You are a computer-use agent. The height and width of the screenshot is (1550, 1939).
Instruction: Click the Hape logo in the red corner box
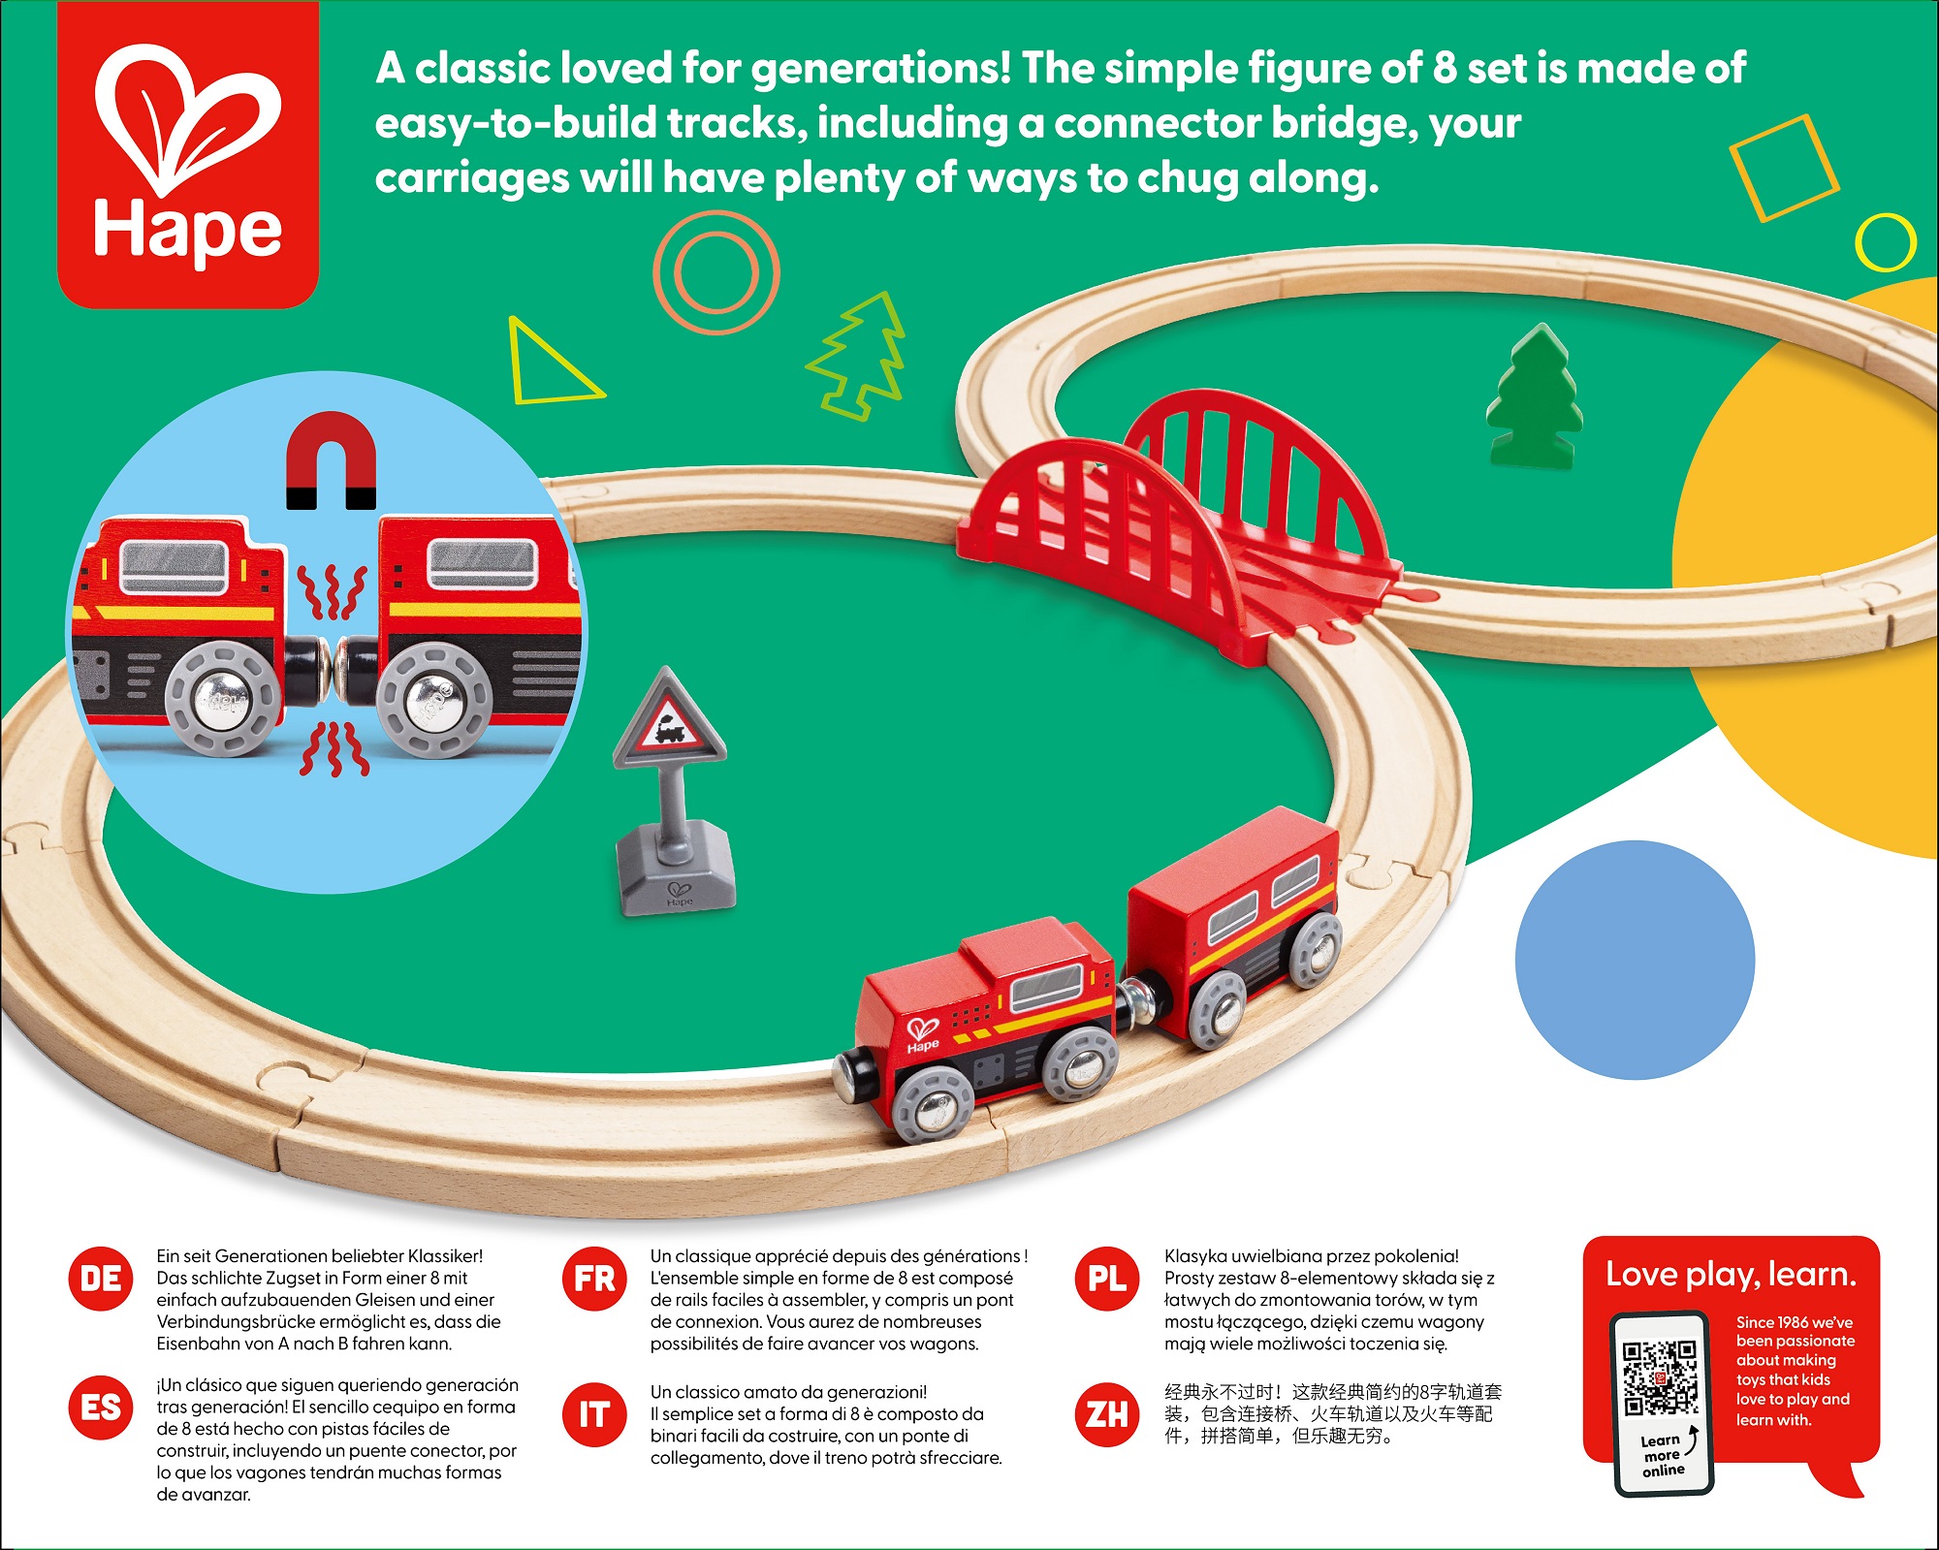[x=188, y=155]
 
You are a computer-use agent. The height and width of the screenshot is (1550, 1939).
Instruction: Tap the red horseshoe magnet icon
[x=331, y=459]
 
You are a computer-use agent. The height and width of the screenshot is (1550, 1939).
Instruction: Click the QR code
[x=1661, y=1377]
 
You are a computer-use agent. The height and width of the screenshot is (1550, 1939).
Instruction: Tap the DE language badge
[x=101, y=1279]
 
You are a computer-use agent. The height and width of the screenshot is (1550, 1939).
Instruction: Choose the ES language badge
[x=101, y=1407]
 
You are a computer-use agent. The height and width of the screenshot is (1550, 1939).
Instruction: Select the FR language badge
[x=594, y=1279]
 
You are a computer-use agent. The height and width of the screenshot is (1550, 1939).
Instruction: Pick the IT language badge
[x=594, y=1414]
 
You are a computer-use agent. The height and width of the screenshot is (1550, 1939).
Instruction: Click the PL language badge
[x=1107, y=1279]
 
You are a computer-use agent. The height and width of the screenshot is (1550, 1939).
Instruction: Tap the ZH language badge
[x=1107, y=1414]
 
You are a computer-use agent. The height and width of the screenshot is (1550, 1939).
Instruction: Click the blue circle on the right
[x=1636, y=960]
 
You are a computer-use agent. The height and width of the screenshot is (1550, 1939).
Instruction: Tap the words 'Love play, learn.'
[x=1731, y=1274]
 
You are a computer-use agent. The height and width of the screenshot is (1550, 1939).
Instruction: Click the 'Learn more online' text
[x=1663, y=1455]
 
